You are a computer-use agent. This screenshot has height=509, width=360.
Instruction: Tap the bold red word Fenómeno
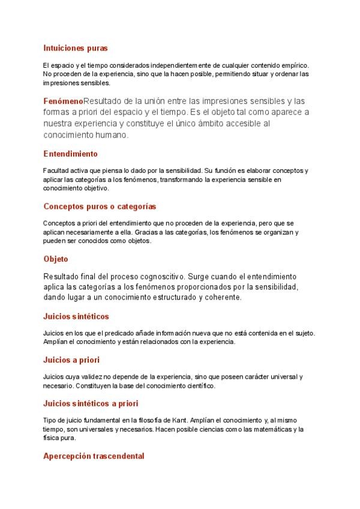(x=63, y=101)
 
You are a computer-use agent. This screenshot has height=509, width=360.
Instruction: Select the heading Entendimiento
(x=70, y=154)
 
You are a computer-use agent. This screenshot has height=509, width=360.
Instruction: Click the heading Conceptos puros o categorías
(x=100, y=206)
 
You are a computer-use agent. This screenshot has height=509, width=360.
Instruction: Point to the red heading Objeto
(x=56, y=259)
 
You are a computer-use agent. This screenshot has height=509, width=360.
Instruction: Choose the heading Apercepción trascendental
(x=94, y=456)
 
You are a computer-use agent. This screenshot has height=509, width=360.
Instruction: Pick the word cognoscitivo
(x=154, y=277)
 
